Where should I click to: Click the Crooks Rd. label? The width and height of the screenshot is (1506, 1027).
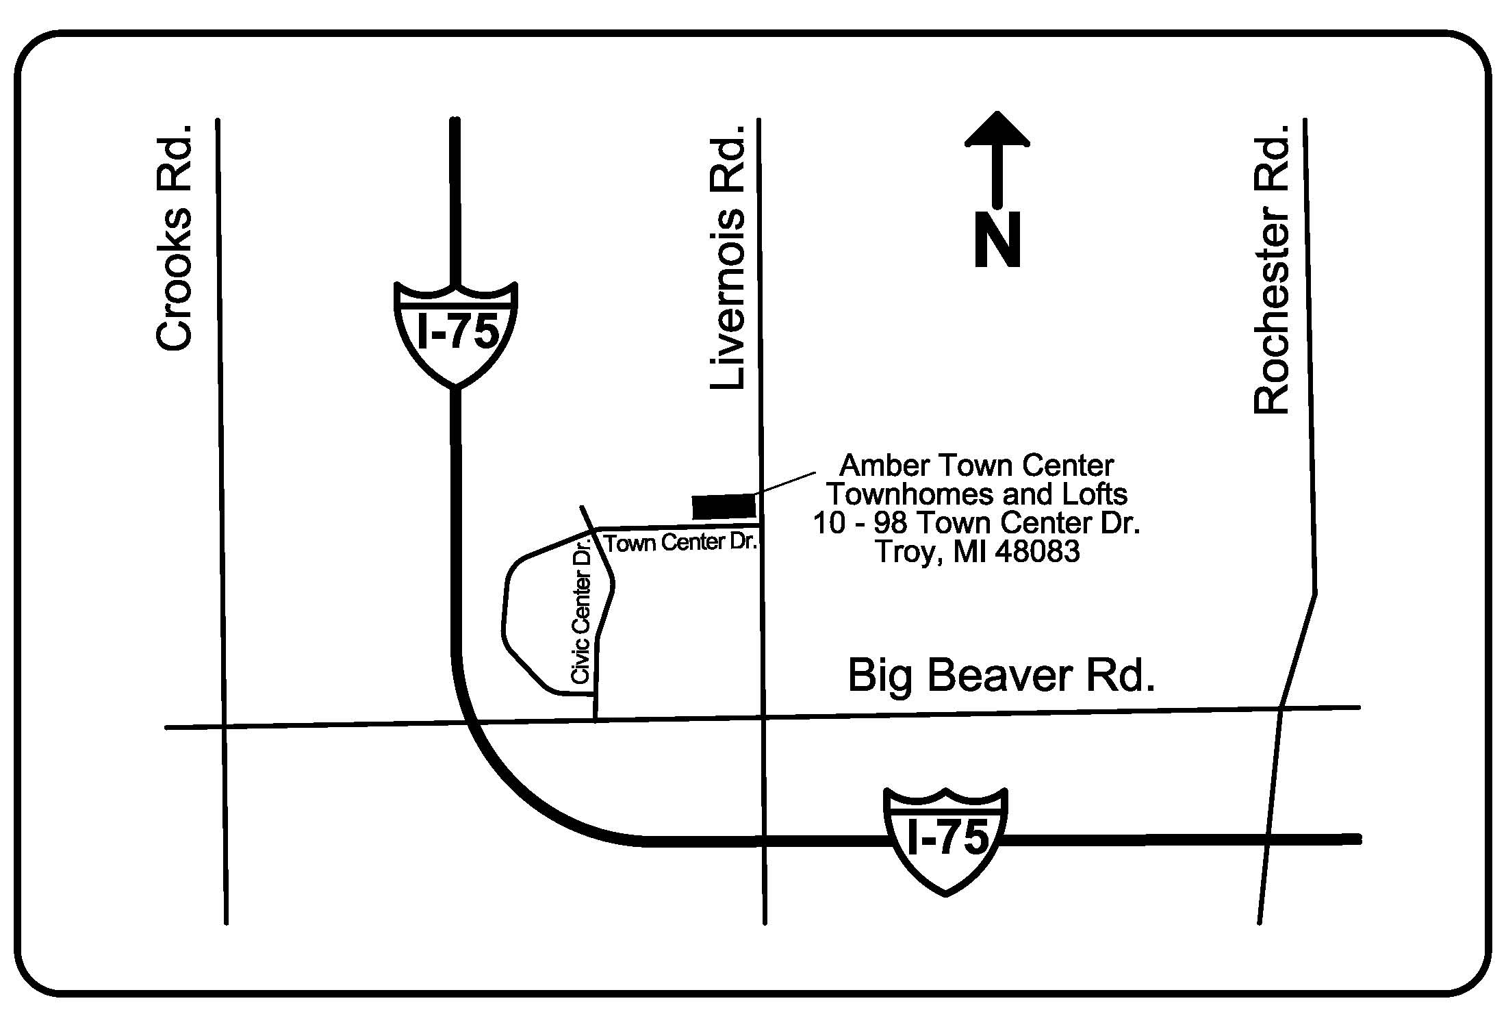[174, 237]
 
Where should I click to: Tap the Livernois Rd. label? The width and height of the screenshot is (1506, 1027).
[727, 257]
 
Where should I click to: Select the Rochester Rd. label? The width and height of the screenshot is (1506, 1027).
[1271, 269]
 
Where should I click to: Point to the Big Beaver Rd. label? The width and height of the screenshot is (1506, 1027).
[1001, 676]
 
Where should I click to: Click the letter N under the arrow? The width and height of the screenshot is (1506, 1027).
[997, 239]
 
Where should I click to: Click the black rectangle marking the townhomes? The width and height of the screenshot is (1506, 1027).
[724, 507]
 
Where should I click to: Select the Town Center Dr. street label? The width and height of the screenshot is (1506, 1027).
[681, 543]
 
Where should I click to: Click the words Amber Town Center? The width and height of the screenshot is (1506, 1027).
[976, 466]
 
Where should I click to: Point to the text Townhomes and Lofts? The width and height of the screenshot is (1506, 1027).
[977, 494]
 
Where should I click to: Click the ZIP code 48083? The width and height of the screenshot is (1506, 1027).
[1037, 552]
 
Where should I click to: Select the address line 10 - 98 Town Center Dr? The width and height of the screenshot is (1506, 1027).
[976, 523]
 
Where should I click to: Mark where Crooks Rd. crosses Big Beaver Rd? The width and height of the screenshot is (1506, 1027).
[222, 726]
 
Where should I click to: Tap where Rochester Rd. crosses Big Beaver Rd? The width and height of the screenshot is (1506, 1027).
[1280, 709]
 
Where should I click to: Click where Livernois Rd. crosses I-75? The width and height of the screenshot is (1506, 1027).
[763, 841]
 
